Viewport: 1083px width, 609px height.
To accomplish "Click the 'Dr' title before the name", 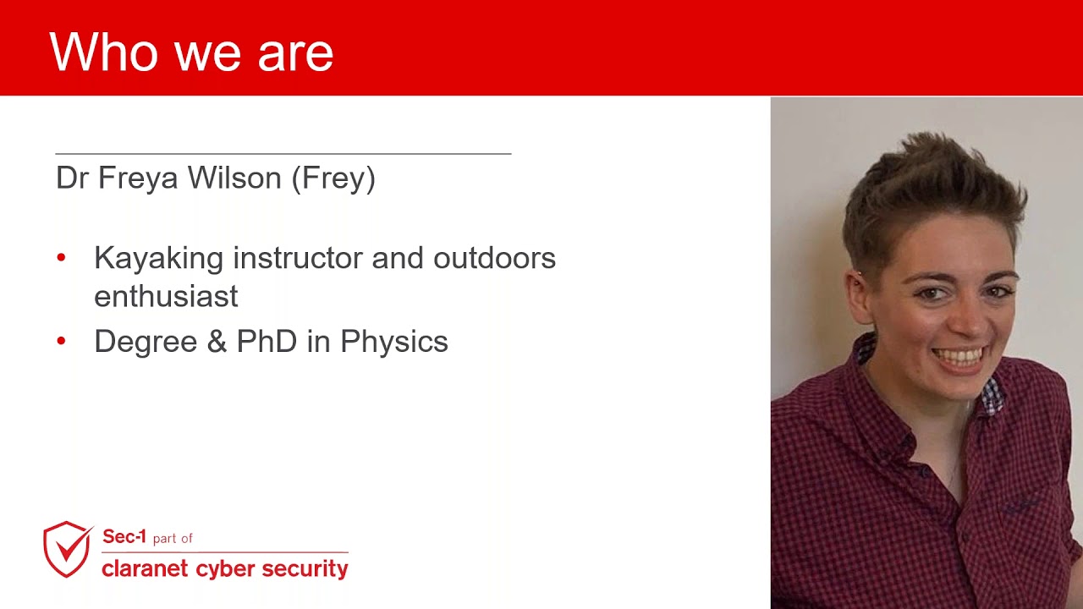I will coord(72,178).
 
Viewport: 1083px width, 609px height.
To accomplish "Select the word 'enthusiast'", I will coord(166,296).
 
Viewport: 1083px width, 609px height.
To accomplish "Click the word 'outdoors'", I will coord(494,258).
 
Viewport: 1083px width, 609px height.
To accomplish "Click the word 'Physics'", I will coord(393,342).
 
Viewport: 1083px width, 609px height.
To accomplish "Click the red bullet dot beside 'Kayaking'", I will coord(61,257).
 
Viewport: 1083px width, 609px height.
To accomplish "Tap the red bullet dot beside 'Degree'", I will coord(61,341).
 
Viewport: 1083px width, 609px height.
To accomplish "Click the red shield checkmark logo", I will coord(68,549).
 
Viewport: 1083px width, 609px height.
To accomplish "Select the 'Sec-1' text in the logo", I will coord(124,536).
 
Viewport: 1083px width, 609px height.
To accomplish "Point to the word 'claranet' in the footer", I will coord(145,568).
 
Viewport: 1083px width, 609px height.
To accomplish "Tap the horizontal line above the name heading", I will coord(283,154).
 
